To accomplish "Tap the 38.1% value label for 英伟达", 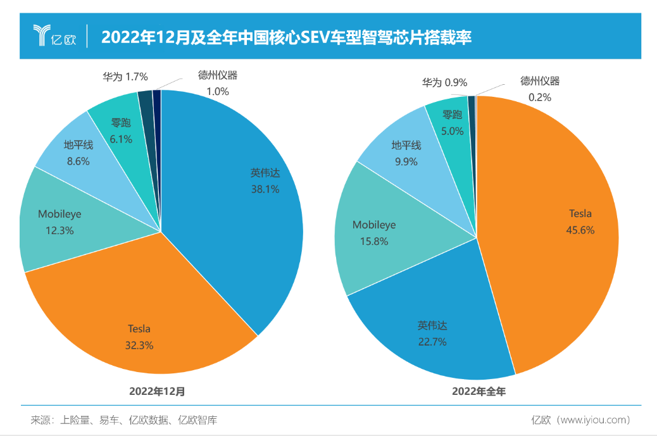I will [x=265, y=189].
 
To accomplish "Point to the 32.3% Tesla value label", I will [x=139, y=346].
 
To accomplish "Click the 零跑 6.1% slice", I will [x=120, y=127].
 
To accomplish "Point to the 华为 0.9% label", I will [x=445, y=82].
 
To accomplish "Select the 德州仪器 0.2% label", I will [x=539, y=89].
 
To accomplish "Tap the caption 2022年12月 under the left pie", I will [x=158, y=391].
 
